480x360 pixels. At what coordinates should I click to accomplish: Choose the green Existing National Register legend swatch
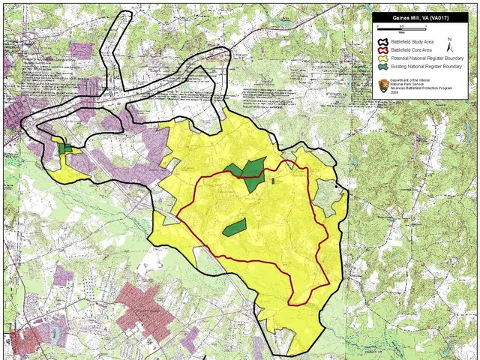(x=383, y=67)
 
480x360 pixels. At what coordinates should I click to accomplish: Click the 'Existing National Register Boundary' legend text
(x=424, y=67)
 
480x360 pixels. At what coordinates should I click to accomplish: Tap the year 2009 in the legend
(x=396, y=94)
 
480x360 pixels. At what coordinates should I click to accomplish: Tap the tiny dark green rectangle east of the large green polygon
(x=273, y=181)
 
